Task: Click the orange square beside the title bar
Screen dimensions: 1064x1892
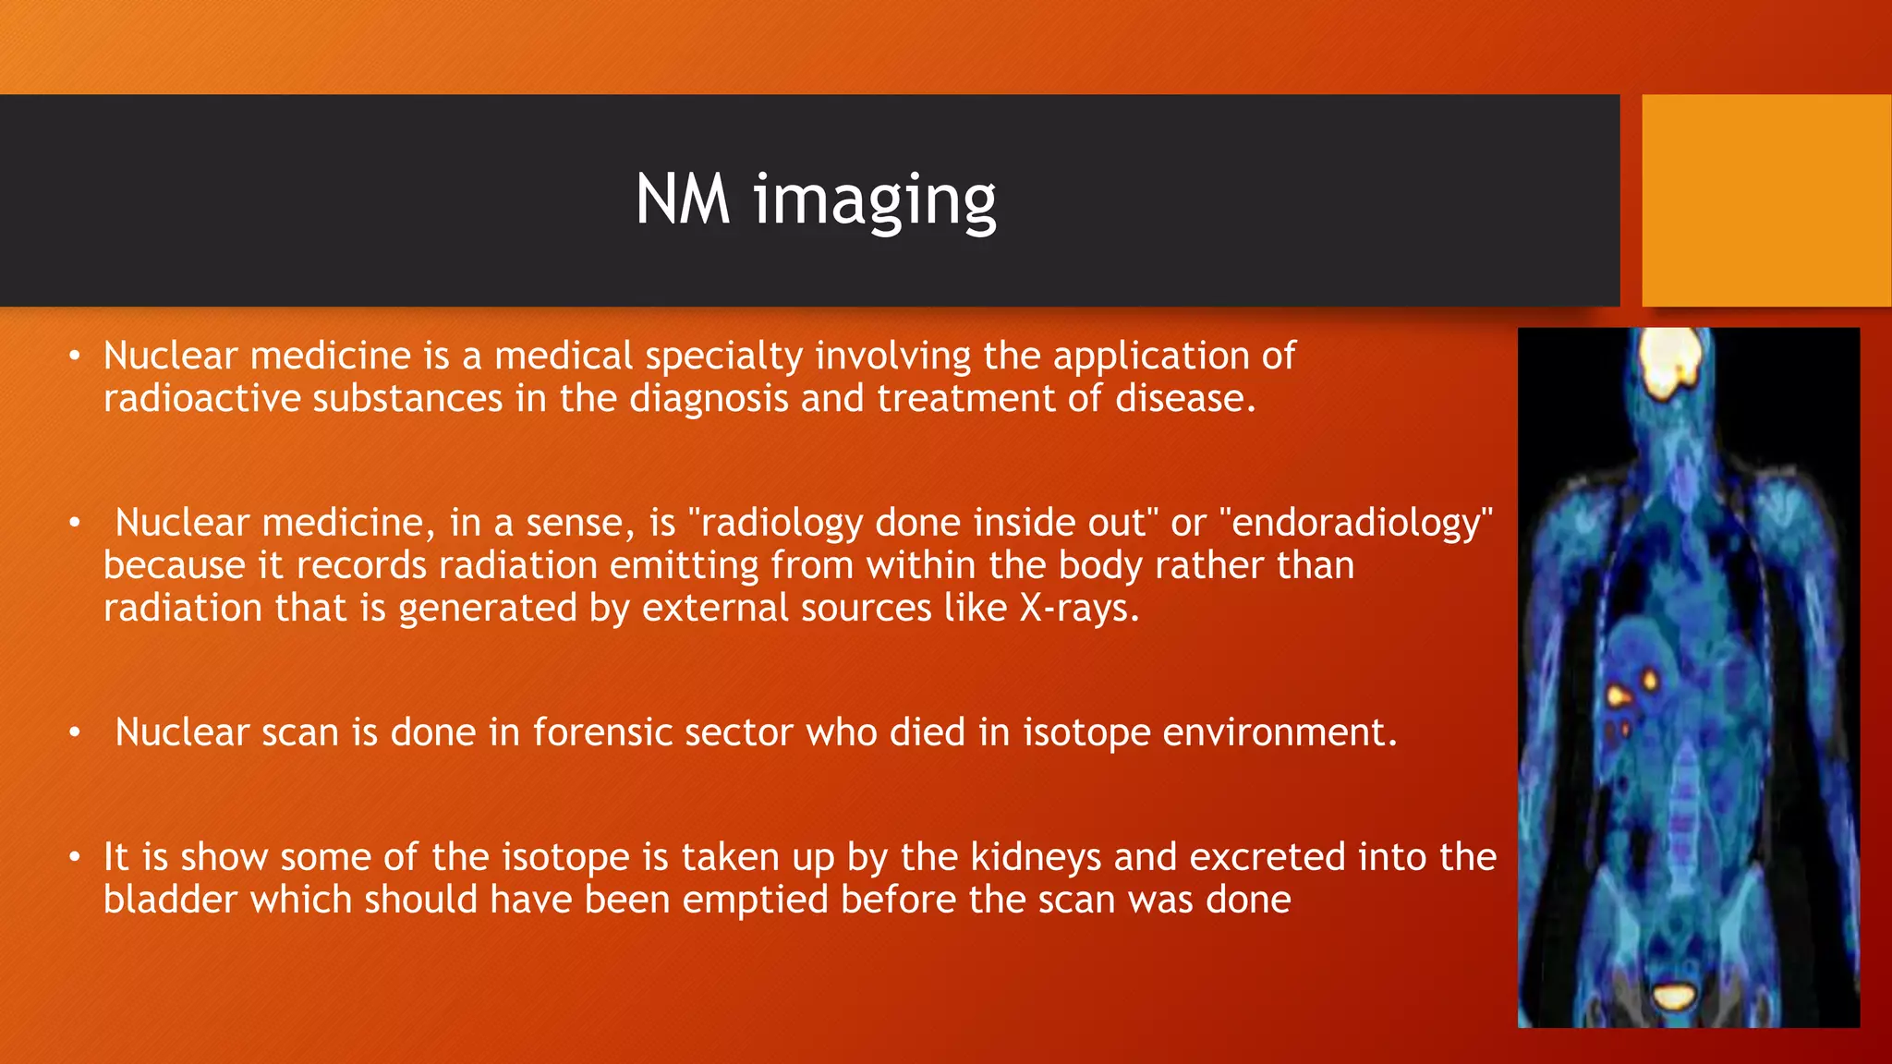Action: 1765,200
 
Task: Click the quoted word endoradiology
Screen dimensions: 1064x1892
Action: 1356,524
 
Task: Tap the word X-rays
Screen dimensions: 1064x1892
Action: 1078,609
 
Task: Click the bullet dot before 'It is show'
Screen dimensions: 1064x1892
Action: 75,858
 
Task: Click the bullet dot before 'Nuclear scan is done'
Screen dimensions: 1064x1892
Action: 75,733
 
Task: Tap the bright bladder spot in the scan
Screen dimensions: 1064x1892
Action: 1673,996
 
